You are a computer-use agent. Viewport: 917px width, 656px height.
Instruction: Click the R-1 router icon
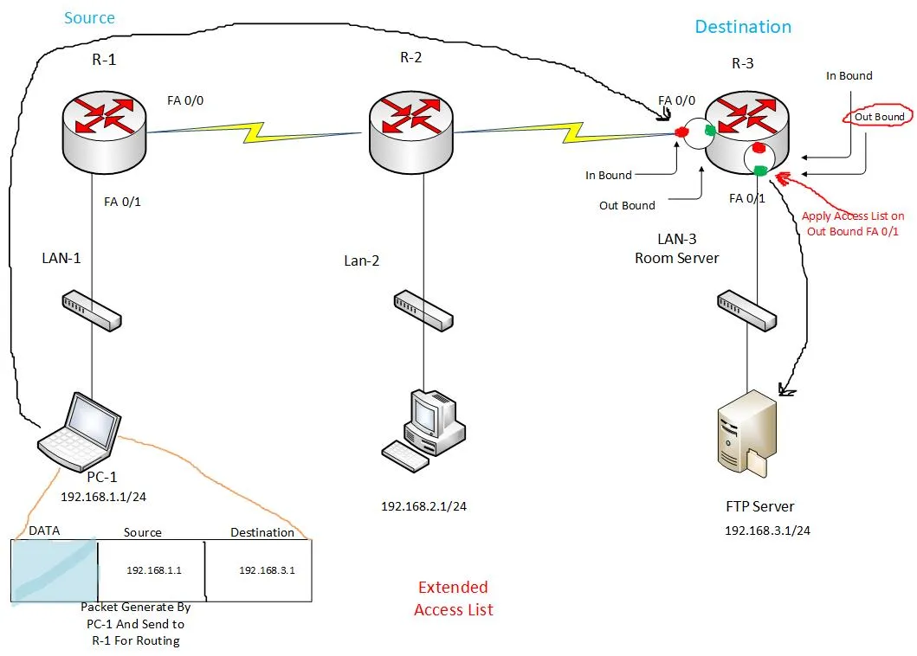[x=103, y=132]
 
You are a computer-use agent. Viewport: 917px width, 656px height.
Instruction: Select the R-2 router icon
[x=410, y=132]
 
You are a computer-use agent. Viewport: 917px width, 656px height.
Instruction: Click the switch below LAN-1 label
[x=93, y=311]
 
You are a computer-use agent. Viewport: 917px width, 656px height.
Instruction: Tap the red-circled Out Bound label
[x=879, y=117]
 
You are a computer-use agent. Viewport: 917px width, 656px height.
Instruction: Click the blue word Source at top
[x=90, y=17]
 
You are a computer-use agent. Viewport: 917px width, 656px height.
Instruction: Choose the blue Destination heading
[x=743, y=27]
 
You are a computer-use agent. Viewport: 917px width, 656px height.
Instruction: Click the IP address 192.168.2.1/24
[x=423, y=506]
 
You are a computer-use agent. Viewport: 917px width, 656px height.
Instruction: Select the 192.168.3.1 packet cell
[x=267, y=570]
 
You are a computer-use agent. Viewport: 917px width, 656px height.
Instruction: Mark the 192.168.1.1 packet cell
[x=153, y=570]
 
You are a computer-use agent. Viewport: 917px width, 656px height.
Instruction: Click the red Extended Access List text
[x=453, y=599]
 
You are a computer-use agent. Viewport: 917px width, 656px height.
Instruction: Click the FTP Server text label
[x=759, y=506]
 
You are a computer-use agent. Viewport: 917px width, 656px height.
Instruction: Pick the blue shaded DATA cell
[x=54, y=569]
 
